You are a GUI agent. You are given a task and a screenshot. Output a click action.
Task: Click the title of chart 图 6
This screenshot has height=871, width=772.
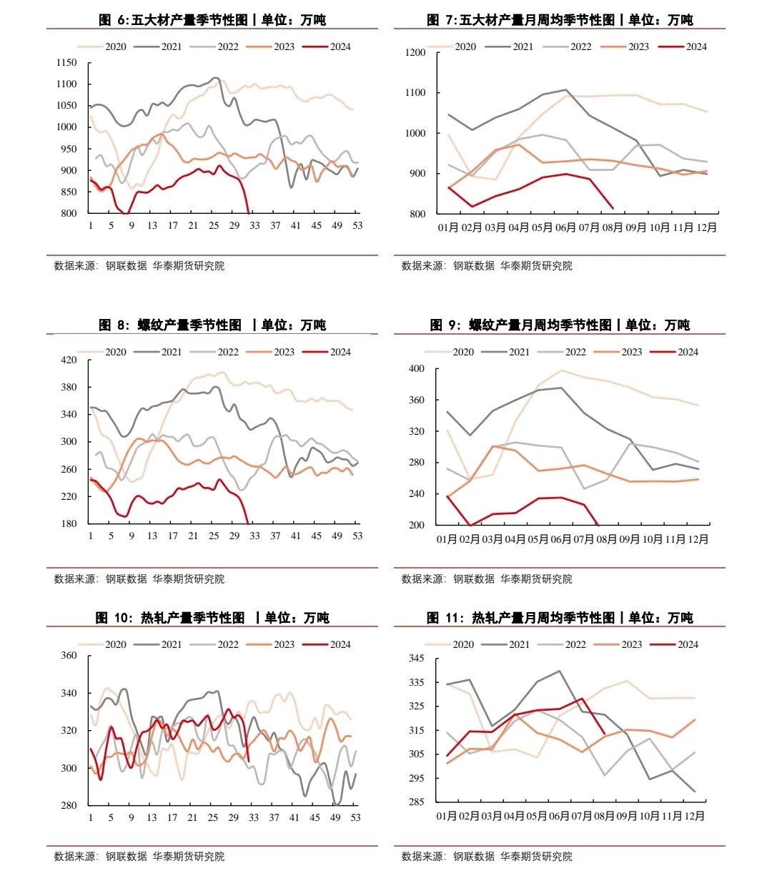click(212, 20)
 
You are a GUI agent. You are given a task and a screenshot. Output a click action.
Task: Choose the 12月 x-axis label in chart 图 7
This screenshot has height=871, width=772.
click(706, 227)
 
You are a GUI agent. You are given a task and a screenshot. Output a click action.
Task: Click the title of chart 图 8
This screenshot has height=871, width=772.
click(212, 325)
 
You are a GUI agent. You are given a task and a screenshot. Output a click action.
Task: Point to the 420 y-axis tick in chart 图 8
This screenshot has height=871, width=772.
click(69, 360)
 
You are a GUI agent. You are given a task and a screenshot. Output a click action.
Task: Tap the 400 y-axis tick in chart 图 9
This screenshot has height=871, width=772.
click(416, 369)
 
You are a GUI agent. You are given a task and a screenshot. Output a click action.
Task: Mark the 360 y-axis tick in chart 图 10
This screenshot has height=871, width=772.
click(69, 656)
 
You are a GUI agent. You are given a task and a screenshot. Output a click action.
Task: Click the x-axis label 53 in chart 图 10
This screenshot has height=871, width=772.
click(355, 817)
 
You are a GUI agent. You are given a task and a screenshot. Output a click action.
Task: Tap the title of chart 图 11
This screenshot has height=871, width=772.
click(560, 617)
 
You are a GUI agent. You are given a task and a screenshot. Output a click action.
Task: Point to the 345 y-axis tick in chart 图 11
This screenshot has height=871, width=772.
click(416, 659)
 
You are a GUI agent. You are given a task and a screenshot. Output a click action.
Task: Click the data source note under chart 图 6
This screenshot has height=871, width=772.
click(139, 266)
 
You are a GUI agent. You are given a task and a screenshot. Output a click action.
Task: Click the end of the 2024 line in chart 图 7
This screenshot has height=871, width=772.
click(613, 208)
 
